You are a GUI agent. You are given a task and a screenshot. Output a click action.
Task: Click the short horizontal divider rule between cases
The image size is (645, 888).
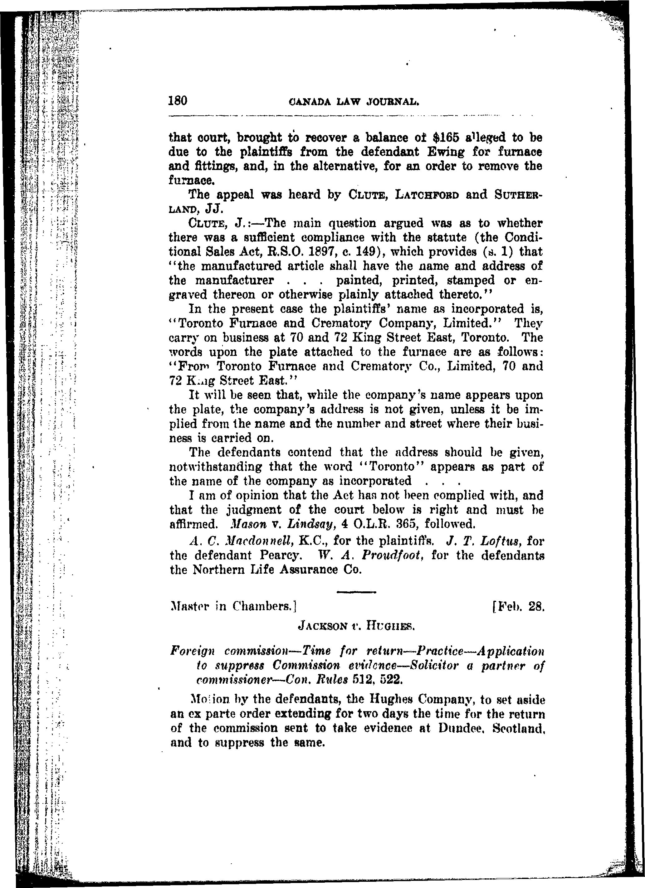pos(356,592)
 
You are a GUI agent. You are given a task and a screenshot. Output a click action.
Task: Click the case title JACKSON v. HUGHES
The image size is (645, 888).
pos(356,626)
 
